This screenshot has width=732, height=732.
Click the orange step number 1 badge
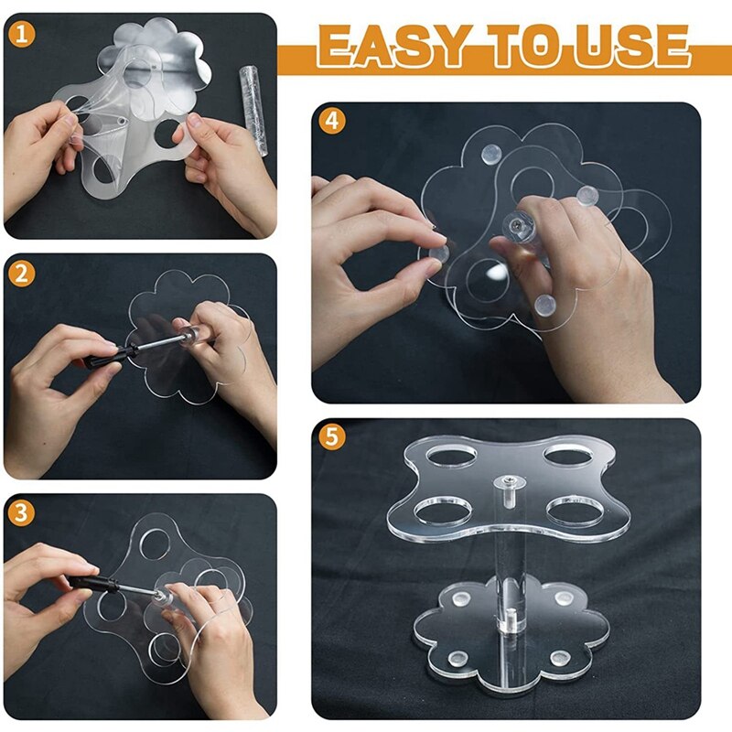(x=21, y=34)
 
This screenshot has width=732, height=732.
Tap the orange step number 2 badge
(x=21, y=274)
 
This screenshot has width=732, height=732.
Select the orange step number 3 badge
(x=21, y=512)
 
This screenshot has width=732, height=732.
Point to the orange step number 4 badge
(x=332, y=121)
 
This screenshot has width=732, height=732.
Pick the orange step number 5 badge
(x=332, y=437)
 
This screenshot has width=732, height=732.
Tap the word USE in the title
(x=631, y=46)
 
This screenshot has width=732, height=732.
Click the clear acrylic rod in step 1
(x=253, y=110)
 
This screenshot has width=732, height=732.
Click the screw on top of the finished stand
(x=509, y=481)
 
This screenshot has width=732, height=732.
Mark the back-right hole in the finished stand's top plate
(x=568, y=454)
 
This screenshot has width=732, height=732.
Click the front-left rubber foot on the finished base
(x=458, y=658)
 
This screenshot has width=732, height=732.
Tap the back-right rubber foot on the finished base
(x=565, y=598)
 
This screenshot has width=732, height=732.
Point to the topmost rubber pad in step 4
(x=490, y=153)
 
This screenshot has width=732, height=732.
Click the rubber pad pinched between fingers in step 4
(x=438, y=253)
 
